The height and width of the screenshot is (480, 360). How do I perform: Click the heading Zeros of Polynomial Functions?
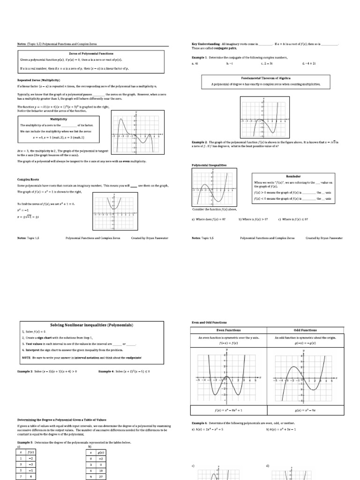91,54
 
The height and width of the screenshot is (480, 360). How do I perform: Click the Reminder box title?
293,176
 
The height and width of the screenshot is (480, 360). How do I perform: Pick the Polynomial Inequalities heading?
209,165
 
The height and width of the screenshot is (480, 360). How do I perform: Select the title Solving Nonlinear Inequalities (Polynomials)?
91,325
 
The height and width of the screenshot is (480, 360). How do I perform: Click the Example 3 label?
27,371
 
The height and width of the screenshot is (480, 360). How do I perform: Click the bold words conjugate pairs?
226,48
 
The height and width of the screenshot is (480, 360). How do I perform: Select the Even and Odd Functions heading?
209,322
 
